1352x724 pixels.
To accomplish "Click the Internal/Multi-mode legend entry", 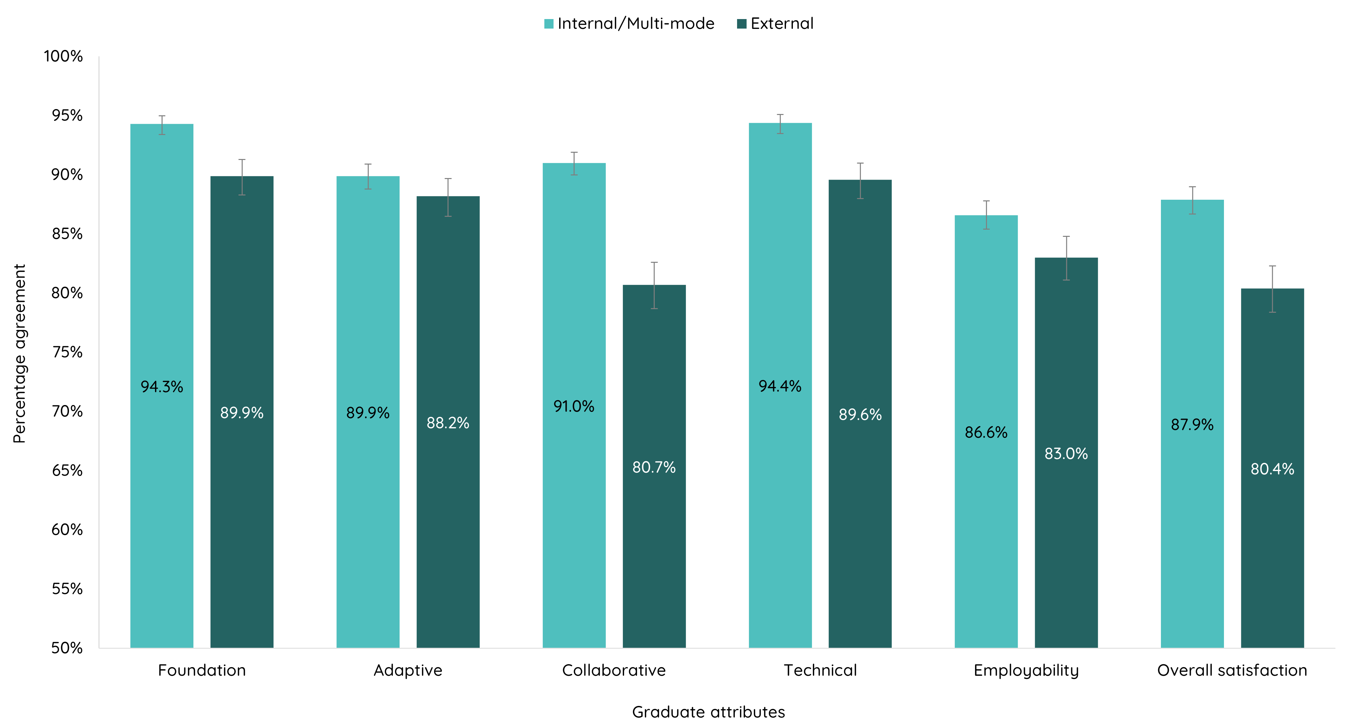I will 629,24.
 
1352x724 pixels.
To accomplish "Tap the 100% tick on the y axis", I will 63,56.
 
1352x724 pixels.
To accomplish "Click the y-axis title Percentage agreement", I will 19,353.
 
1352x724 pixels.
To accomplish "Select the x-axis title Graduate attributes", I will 708,712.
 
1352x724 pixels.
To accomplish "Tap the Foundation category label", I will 202,670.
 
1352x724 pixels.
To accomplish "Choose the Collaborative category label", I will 614,670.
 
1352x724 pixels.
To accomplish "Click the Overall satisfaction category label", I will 1232,670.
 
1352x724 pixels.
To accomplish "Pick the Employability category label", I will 1026,670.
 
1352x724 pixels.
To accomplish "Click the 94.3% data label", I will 162,387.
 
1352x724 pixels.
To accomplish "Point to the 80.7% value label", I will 654,467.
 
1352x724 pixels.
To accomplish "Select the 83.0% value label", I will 1066,454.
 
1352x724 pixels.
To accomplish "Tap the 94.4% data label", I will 780,386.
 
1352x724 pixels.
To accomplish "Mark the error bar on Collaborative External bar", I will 654,285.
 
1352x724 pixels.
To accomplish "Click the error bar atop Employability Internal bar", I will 986,215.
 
